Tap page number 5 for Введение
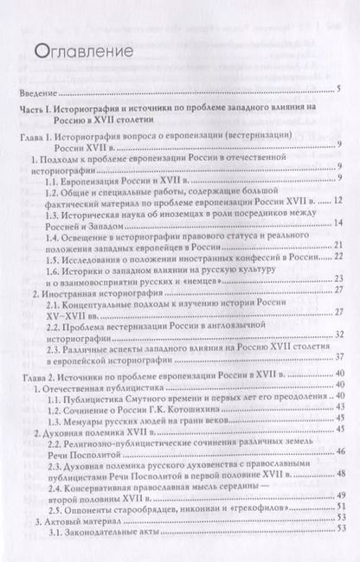click(340, 90)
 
